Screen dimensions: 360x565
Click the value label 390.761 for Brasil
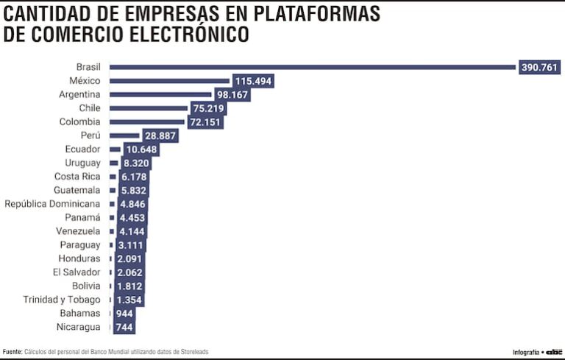(x=540, y=67)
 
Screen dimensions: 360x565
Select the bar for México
(x=169, y=81)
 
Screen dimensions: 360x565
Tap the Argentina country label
(x=79, y=94)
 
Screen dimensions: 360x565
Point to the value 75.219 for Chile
(x=207, y=108)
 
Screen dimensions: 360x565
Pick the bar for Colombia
(x=146, y=121)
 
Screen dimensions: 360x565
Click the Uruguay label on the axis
(x=82, y=163)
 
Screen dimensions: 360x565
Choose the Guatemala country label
(x=77, y=190)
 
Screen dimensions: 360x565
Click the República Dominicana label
(x=52, y=204)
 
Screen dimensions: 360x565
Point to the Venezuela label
(x=78, y=231)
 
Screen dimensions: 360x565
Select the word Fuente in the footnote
(x=12, y=352)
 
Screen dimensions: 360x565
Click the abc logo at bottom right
(x=553, y=352)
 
